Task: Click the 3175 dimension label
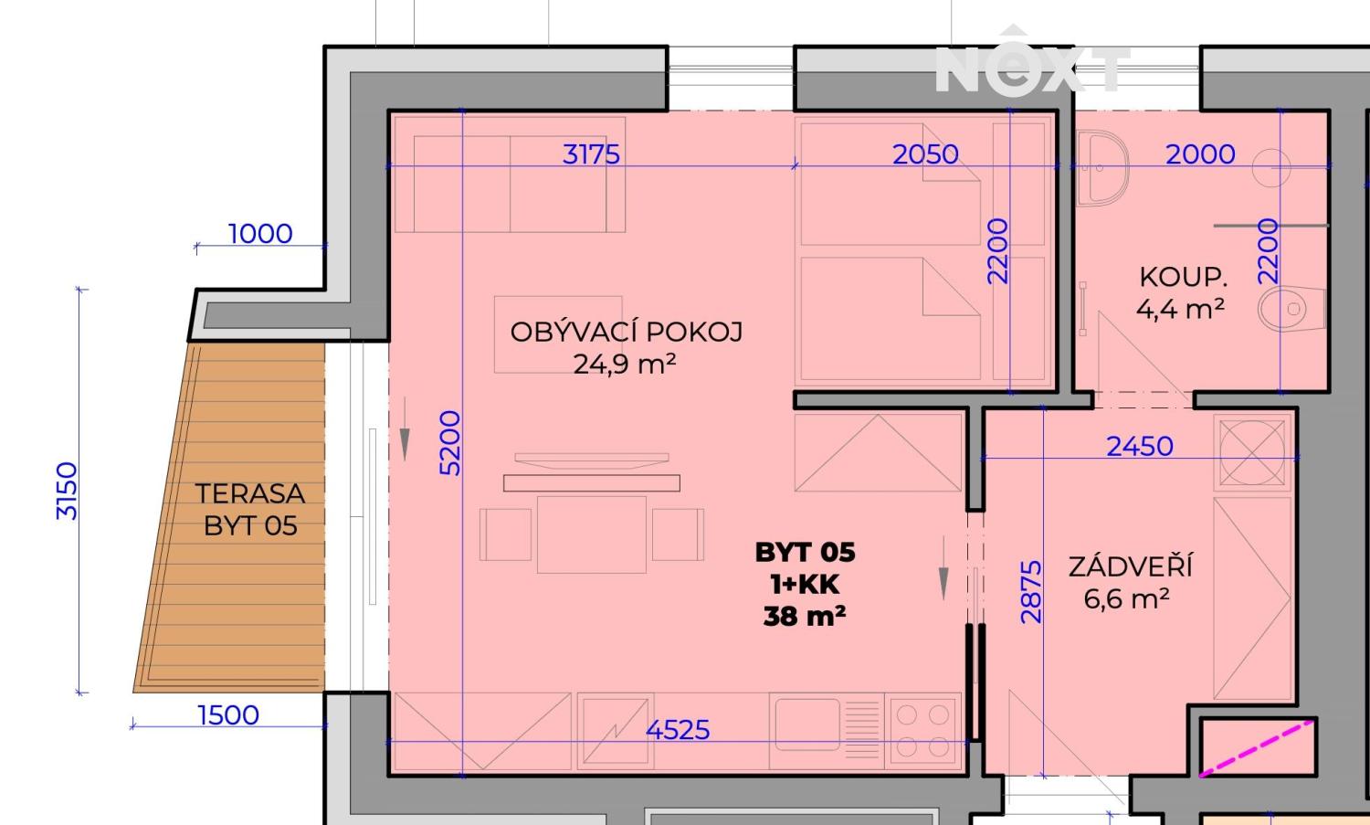(x=591, y=153)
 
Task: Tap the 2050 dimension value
(x=925, y=153)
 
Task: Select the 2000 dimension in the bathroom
(x=1200, y=153)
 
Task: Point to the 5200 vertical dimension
(x=450, y=443)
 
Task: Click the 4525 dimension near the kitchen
(x=678, y=729)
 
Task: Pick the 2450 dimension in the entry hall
(x=1139, y=446)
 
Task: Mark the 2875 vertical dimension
(x=1031, y=592)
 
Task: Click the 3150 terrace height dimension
(x=68, y=491)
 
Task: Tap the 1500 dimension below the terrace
(x=228, y=714)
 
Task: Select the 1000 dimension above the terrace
(x=260, y=234)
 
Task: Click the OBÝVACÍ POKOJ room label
(x=626, y=332)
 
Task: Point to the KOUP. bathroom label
(x=1183, y=277)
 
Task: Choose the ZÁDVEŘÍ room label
(x=1131, y=567)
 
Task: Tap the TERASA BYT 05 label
(x=250, y=509)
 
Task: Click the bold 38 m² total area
(x=805, y=617)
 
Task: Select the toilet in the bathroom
(x=1291, y=310)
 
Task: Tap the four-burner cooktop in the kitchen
(x=924, y=729)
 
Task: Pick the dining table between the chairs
(x=592, y=534)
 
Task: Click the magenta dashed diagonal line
(x=1258, y=749)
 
